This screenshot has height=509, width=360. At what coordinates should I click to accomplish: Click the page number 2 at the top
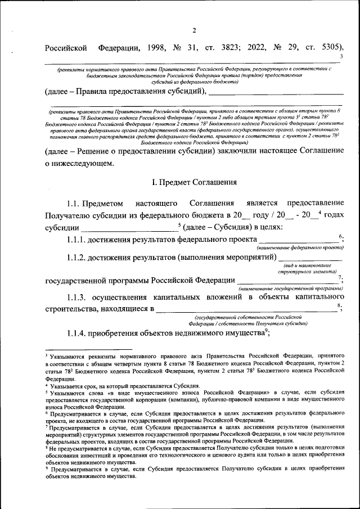[193, 30]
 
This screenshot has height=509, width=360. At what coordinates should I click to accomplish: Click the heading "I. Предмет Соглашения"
[193, 182]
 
